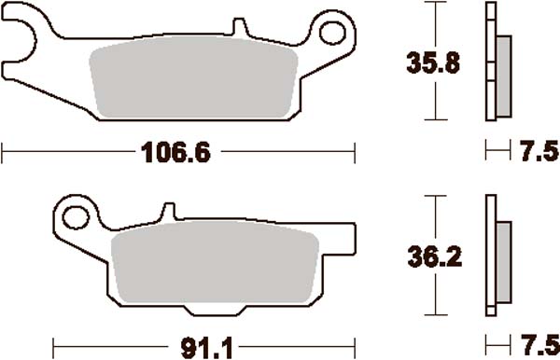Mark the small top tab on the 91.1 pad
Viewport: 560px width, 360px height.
coord(170,212)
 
